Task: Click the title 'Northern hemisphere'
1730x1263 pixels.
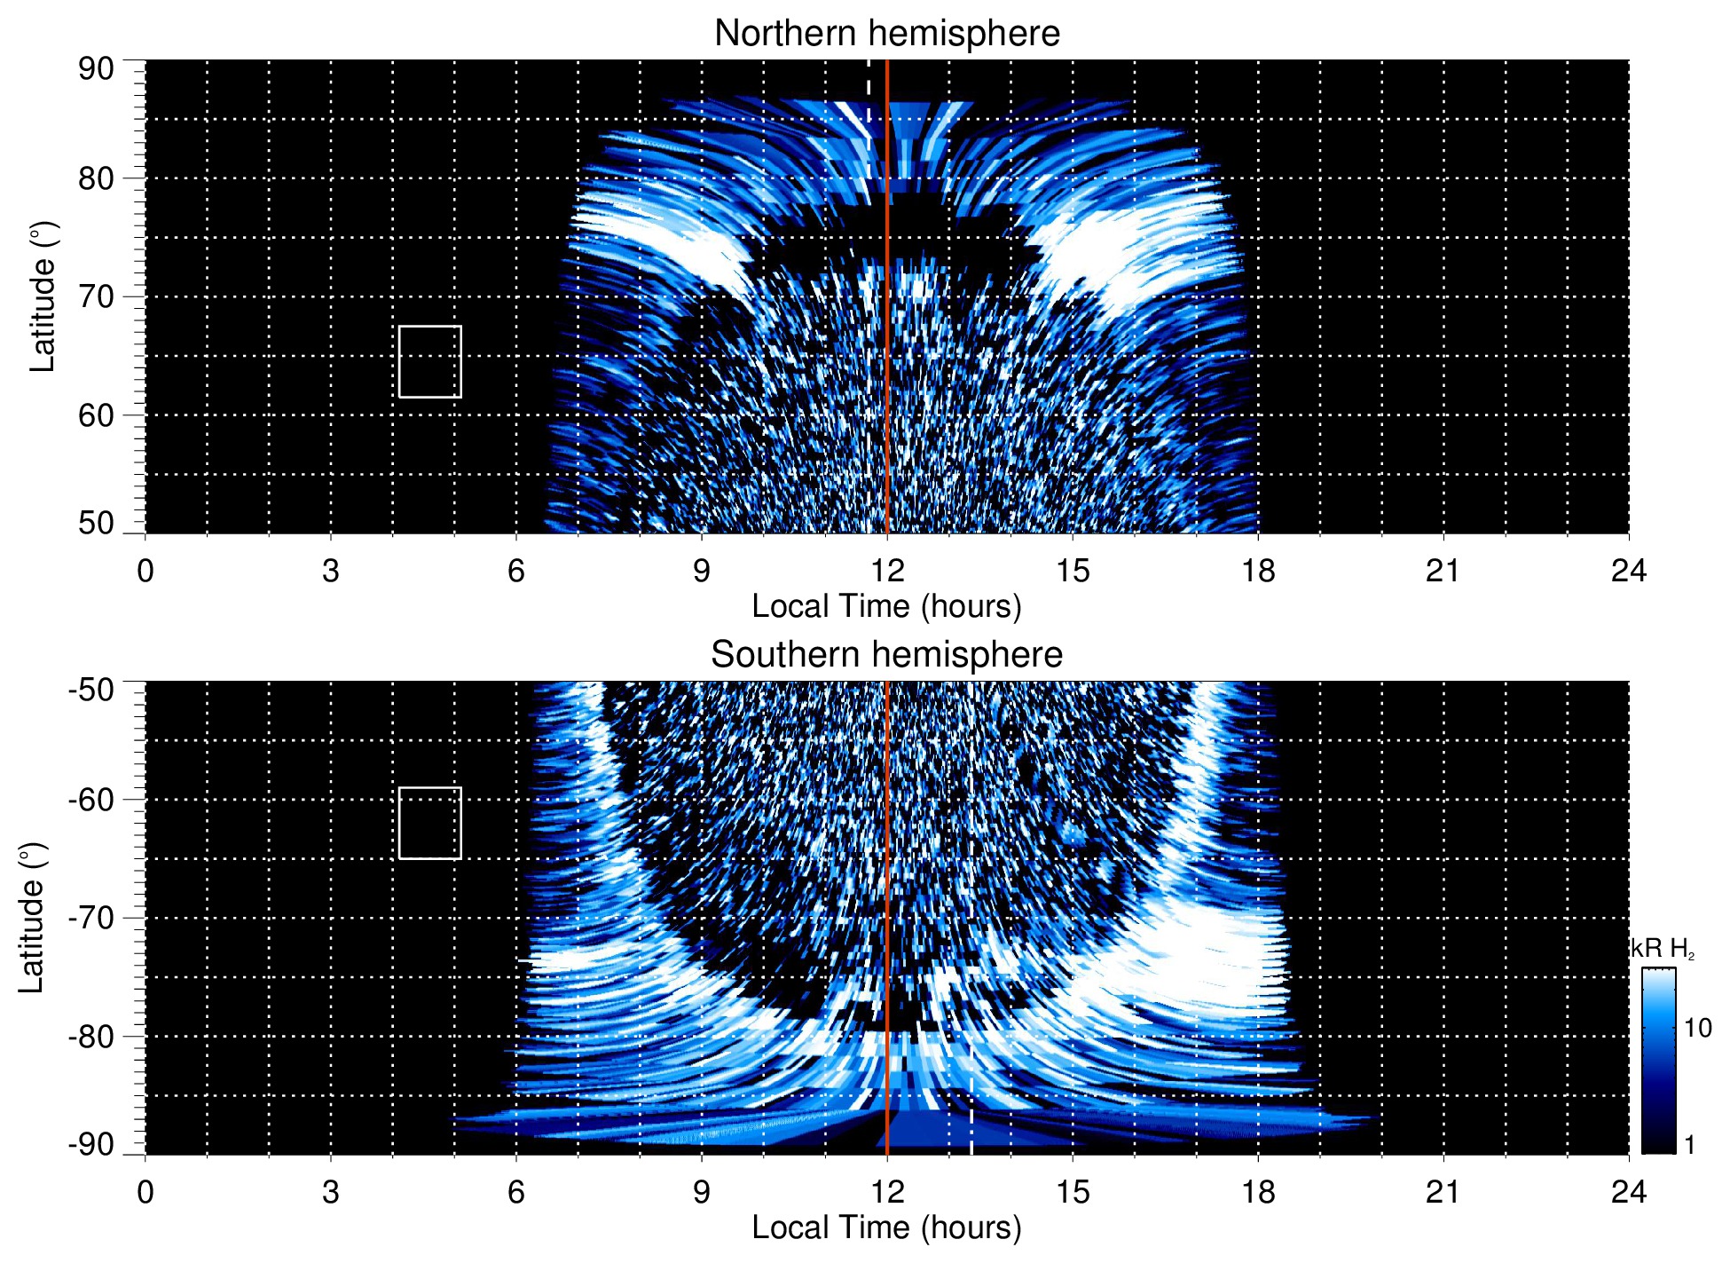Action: pyautogui.click(x=886, y=34)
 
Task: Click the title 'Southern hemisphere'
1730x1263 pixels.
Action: pyautogui.click(x=886, y=655)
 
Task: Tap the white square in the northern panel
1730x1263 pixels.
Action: pyautogui.click(x=430, y=362)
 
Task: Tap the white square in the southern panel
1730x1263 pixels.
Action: pyautogui.click(x=430, y=823)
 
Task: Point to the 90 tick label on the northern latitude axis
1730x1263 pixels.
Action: pyautogui.click(x=96, y=69)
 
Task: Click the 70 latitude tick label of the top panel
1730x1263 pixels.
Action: pyautogui.click(x=96, y=296)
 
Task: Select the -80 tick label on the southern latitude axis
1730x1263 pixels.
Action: pyautogui.click(x=91, y=1036)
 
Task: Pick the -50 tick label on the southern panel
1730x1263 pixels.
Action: pyautogui.click(x=91, y=690)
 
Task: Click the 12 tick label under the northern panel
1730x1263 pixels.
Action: pyautogui.click(x=886, y=571)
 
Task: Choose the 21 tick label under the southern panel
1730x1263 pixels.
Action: pyautogui.click(x=1443, y=1192)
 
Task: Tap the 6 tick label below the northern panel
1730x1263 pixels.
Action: pyautogui.click(x=516, y=571)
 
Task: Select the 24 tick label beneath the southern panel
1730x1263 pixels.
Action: pyautogui.click(x=1628, y=1192)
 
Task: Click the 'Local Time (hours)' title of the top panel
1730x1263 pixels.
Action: pyautogui.click(x=886, y=607)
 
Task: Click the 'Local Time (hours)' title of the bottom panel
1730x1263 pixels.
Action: pyautogui.click(x=886, y=1228)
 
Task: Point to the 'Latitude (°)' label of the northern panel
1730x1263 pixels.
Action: pyautogui.click(x=43, y=296)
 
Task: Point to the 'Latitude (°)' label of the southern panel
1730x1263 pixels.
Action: pyautogui.click(x=32, y=918)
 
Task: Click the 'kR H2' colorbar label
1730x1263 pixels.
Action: pyautogui.click(x=1661, y=949)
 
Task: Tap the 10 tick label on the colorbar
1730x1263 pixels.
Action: pyautogui.click(x=1697, y=1028)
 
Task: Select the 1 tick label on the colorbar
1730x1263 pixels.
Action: pyautogui.click(x=1689, y=1145)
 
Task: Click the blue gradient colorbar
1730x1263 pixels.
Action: pyautogui.click(x=1658, y=1061)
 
